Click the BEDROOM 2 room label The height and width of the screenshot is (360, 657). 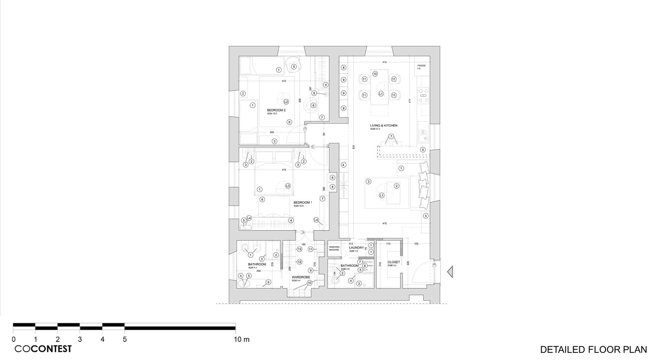coord(276,110)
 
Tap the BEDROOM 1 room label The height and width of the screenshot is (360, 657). coord(303,203)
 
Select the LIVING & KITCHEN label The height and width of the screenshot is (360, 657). coord(384,125)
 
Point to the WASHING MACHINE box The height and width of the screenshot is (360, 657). coord(334,248)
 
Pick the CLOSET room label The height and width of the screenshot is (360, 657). coord(394,262)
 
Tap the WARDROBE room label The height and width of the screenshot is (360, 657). coord(301,277)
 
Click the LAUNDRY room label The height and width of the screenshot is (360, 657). coord(356,248)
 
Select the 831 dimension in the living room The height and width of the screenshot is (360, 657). coord(354,147)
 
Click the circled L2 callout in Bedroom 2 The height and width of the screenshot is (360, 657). coord(286,102)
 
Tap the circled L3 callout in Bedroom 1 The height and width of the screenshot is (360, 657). coord(288,186)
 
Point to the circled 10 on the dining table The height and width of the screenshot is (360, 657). coord(375,74)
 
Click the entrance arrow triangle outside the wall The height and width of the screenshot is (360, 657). coord(450,271)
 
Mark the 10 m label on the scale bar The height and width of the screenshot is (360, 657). coord(242,339)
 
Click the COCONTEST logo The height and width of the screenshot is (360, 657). coord(43,349)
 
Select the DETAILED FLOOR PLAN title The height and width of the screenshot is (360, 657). coord(593,349)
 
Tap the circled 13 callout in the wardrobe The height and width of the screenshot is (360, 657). coord(299,249)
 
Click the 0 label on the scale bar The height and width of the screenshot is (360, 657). coord(14,339)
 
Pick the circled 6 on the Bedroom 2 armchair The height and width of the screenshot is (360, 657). coord(313,105)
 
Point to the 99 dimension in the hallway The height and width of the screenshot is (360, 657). coord(324,134)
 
